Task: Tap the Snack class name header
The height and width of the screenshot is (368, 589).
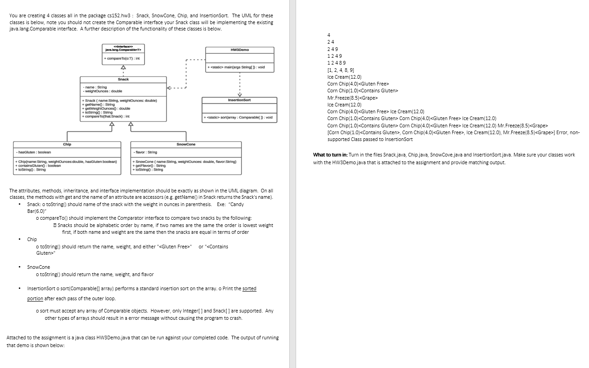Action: point(123,79)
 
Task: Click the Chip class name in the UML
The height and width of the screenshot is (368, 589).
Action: point(67,144)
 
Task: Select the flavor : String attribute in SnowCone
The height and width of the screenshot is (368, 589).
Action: point(145,152)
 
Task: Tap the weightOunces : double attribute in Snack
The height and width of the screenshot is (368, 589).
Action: point(103,91)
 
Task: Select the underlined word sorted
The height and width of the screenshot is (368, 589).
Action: point(249,289)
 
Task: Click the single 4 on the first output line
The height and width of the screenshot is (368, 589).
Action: point(328,35)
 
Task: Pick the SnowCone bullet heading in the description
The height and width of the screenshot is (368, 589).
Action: point(39,267)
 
